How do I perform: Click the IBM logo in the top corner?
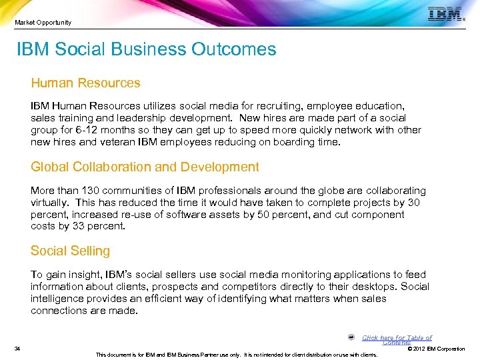tap(446, 14)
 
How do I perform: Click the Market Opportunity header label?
tap(43, 23)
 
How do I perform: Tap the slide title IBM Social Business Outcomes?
tap(147, 49)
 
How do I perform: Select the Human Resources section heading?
tap(85, 83)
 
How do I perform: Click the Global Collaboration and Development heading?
tap(145, 167)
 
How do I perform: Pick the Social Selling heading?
tap(70, 251)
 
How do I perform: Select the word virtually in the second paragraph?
tap(49, 203)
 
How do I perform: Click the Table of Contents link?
tap(397, 339)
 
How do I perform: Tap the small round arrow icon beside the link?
tap(351, 337)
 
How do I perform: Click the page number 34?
tap(17, 349)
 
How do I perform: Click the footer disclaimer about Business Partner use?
tap(237, 355)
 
